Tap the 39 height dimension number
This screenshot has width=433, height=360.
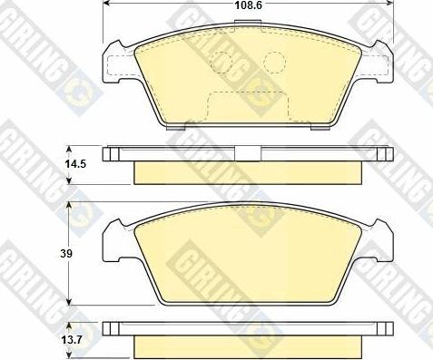(41, 254)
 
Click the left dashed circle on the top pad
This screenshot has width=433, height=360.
(221, 62)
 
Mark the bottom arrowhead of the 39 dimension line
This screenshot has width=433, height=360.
(71, 303)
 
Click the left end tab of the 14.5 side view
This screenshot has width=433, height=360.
(110, 153)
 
